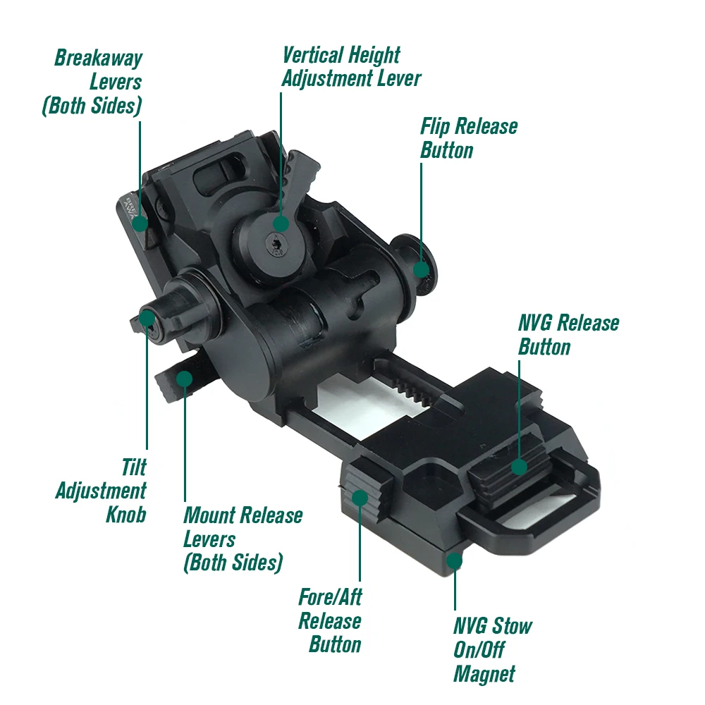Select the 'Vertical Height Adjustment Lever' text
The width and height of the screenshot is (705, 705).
(351, 66)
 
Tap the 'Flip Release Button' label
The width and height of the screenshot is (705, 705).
(469, 138)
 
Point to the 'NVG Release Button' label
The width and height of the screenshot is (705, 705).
(568, 335)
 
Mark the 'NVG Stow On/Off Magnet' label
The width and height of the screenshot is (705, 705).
(492, 649)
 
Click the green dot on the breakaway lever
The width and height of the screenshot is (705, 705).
(140, 223)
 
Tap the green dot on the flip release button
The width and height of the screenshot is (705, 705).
(421, 269)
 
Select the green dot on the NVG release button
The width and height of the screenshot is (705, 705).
(519, 466)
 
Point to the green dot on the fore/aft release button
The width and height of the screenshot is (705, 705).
(360, 497)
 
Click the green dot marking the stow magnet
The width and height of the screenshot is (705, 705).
(455, 561)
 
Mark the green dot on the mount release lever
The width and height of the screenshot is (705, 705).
(184, 379)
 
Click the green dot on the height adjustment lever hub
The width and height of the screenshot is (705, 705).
(281, 224)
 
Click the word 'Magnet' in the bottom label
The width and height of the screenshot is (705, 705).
(484, 673)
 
